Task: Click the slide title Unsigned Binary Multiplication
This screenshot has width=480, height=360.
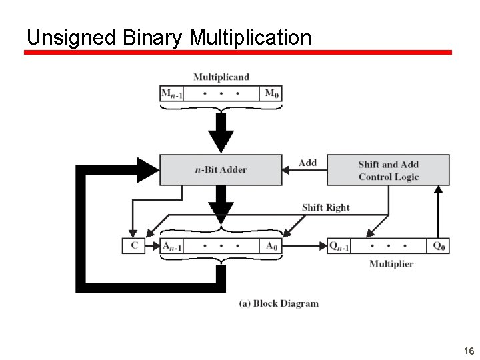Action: point(169,37)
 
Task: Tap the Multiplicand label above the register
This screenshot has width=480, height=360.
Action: point(221,77)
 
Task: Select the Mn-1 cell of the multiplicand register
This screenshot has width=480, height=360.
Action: point(171,93)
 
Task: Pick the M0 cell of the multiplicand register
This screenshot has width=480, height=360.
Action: point(271,93)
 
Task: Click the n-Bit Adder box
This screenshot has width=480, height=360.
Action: point(221,170)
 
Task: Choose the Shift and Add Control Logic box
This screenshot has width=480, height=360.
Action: point(388,170)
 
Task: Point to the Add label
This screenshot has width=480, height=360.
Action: point(307,163)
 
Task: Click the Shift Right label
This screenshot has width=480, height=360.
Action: point(325,207)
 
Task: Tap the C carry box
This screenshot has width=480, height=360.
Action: point(134,245)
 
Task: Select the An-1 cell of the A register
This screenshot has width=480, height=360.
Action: point(172,246)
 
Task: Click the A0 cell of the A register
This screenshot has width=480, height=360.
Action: point(271,246)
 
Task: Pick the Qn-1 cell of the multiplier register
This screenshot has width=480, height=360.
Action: point(339,246)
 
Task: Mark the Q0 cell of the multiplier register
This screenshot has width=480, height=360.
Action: point(438,246)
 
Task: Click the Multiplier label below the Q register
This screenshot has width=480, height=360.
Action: point(391,264)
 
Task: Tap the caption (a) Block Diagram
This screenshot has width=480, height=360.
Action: point(279,303)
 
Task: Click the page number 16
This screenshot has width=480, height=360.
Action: point(469,351)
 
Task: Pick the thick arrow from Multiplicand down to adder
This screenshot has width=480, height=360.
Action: point(221,133)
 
